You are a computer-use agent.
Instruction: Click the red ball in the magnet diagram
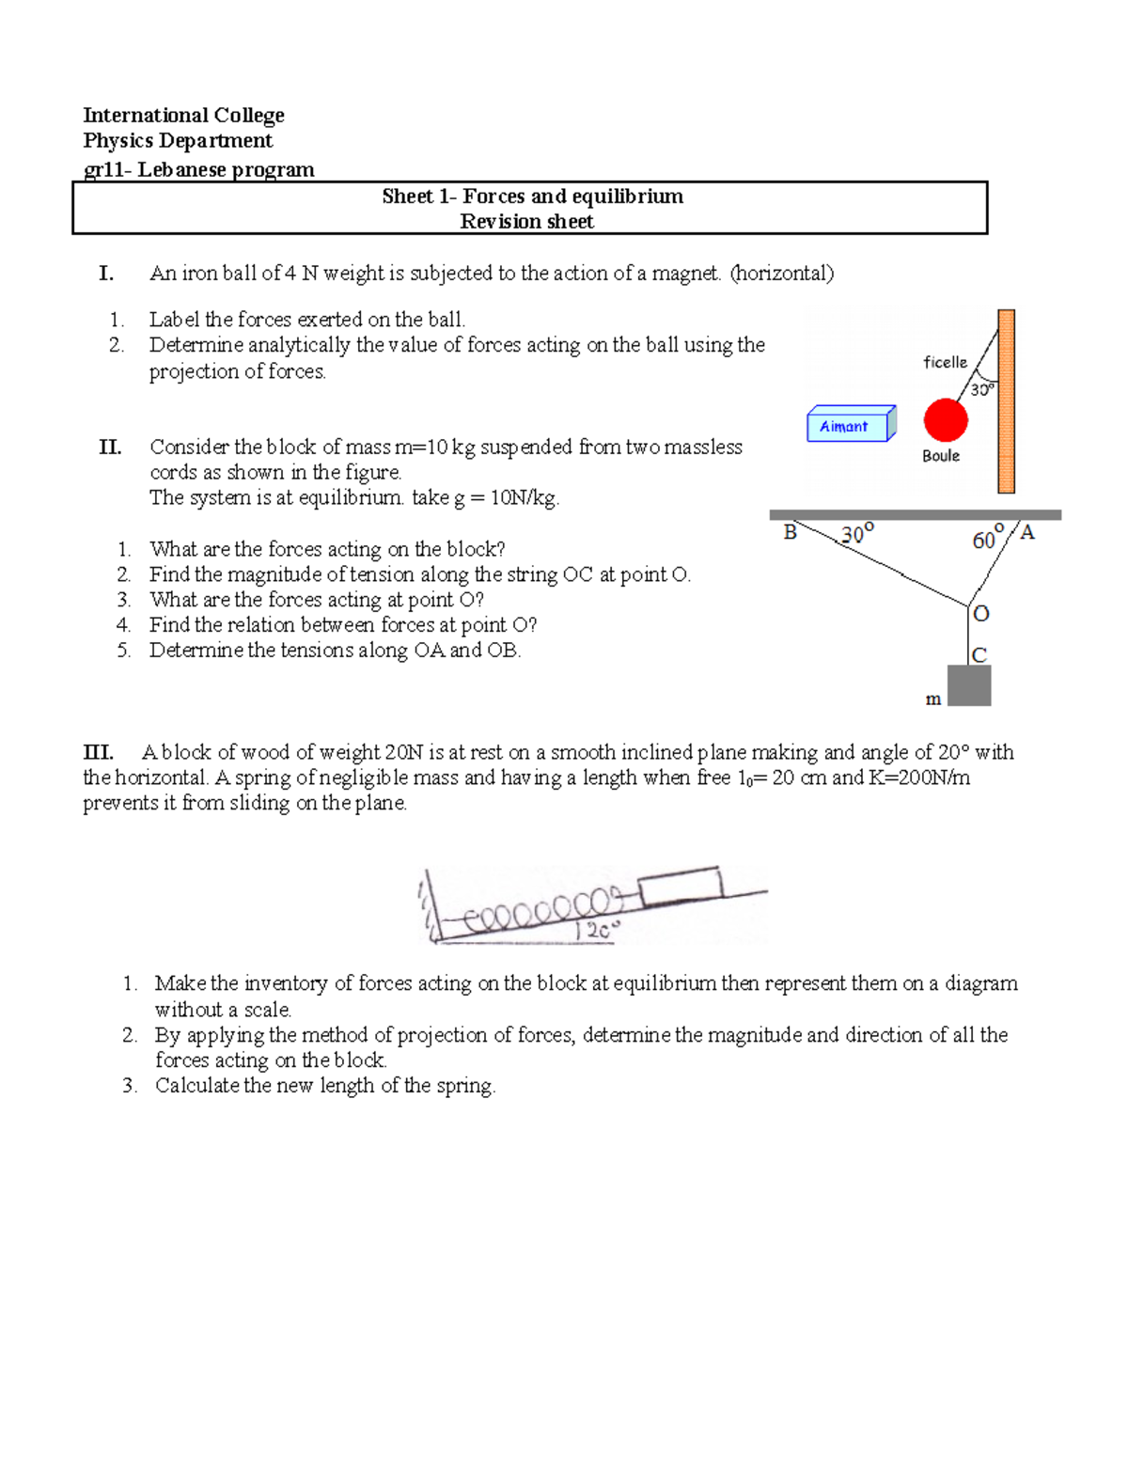coord(945,420)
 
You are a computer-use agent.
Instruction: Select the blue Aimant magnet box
coord(850,426)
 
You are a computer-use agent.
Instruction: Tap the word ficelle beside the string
coord(945,362)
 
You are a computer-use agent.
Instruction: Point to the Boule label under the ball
coord(940,456)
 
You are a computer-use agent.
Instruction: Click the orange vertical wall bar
coord(1006,401)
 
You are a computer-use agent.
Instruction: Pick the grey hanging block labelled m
coord(969,685)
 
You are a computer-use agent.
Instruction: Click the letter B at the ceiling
coord(790,533)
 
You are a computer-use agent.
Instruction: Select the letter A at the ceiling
coord(1026,533)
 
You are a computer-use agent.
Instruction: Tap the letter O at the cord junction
coord(981,614)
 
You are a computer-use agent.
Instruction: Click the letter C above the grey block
coord(979,655)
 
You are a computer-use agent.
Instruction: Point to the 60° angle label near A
coord(988,539)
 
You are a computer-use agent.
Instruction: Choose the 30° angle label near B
coord(856,535)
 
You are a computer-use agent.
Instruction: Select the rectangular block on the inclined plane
coord(680,887)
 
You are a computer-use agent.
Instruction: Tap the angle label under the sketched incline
coord(598,932)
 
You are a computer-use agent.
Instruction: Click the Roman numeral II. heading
coord(110,447)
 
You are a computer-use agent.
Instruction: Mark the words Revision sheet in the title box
coord(526,222)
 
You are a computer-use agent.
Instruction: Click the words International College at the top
coord(183,116)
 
